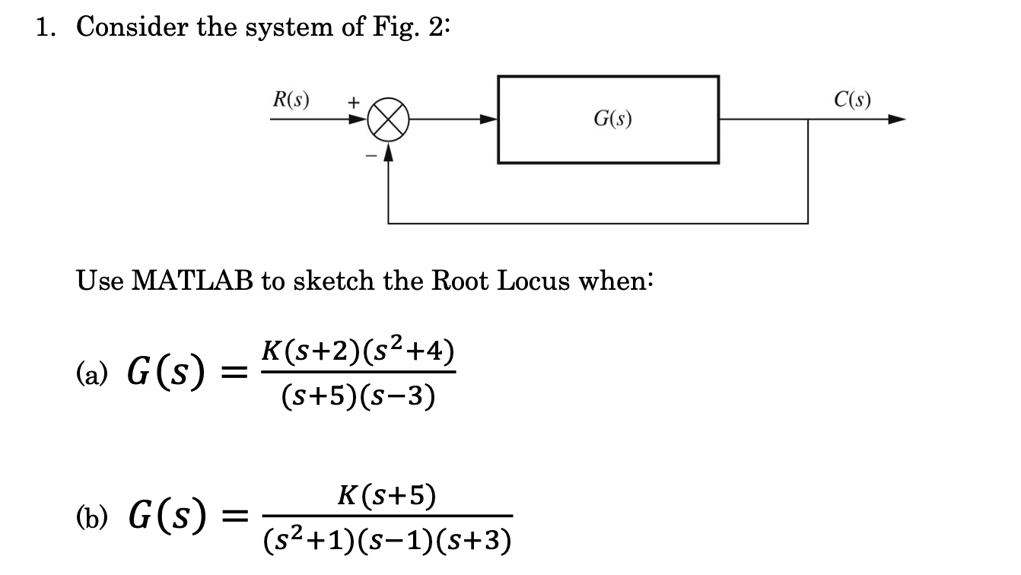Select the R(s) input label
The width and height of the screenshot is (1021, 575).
[x=291, y=100]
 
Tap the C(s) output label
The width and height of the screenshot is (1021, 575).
[x=852, y=100]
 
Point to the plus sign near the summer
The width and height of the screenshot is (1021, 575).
[x=353, y=100]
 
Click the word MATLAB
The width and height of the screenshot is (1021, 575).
[x=193, y=281]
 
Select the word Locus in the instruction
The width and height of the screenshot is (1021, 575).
[x=536, y=281]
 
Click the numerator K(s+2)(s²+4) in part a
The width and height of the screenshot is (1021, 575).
[x=358, y=351]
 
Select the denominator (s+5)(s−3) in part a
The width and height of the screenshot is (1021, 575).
[x=358, y=396]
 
